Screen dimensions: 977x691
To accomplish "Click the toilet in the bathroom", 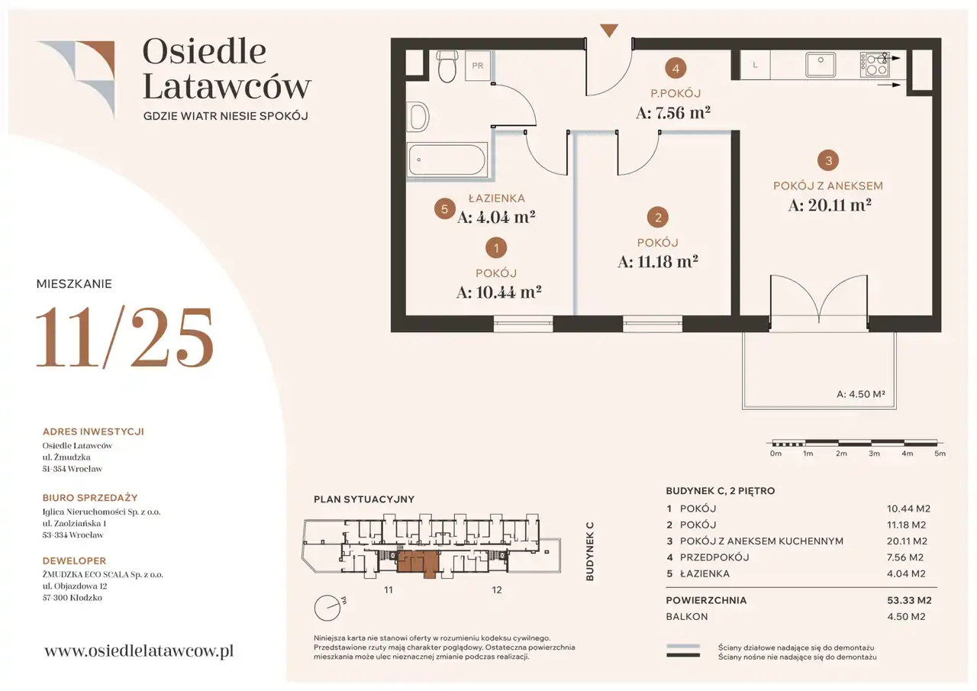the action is coord(447,66).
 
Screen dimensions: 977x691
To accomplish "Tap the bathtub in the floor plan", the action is coord(447,160).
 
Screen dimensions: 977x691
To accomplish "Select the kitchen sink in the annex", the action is coord(820,65).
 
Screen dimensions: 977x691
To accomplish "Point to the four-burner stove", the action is coord(874,65).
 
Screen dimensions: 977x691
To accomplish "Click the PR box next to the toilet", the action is coord(478,66).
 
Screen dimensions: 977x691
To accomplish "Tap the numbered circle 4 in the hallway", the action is coord(676,69).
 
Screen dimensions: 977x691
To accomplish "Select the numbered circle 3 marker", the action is coord(828,160).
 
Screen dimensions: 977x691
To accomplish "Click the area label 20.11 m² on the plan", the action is coord(830,205).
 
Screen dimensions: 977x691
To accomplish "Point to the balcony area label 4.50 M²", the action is coord(860,394).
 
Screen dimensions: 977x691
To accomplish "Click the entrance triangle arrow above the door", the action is coord(609,30).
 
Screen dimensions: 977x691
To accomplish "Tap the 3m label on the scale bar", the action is coord(874,454).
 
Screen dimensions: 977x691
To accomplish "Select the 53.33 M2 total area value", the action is coord(909,600).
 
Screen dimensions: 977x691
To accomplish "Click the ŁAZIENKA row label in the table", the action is coord(705,573).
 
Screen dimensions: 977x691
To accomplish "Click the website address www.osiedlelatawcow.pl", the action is coord(139,651).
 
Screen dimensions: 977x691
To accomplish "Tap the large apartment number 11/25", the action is coord(124,337).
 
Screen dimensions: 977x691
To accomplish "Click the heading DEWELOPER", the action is coord(74,560).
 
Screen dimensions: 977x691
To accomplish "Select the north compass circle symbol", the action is coord(327,608).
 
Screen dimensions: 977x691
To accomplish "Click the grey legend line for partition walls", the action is coord(683,646).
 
